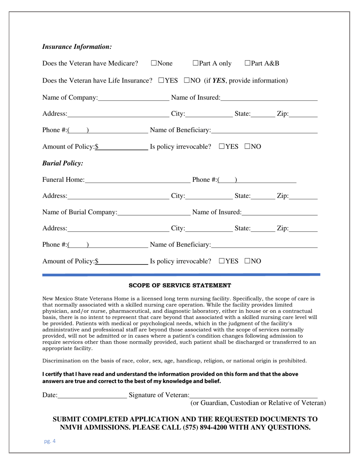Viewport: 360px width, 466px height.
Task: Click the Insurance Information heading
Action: click(x=77, y=47)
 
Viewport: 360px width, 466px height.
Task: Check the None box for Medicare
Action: click(x=154, y=63)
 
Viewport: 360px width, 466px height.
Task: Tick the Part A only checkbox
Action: click(x=196, y=63)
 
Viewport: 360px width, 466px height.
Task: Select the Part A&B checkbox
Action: click(x=248, y=63)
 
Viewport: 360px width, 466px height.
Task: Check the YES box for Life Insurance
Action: click(x=161, y=81)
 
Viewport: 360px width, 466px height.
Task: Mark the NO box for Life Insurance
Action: click(x=187, y=81)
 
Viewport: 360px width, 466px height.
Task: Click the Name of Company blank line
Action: click(x=133, y=99)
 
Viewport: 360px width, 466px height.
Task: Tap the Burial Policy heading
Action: click(x=63, y=163)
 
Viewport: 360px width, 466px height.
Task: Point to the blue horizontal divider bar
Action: click(x=181, y=274)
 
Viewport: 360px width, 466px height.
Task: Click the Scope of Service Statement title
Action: click(x=180, y=285)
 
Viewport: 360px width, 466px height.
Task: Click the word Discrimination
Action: click(x=60, y=361)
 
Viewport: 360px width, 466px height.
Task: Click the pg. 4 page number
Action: click(x=50, y=441)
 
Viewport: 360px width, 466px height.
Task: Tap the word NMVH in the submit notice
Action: click(x=73, y=428)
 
